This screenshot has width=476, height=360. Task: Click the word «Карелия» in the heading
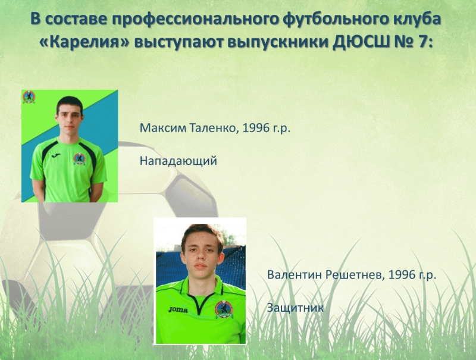click(85, 42)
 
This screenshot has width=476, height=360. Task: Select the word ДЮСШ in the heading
click(360, 42)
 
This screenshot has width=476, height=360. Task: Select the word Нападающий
click(178, 161)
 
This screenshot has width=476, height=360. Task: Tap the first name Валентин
click(295, 275)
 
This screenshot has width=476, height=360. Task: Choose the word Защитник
click(295, 308)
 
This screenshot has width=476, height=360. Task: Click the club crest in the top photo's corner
click(29, 98)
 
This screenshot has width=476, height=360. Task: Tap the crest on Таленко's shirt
click(79, 159)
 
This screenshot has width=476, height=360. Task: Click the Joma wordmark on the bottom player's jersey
click(178, 309)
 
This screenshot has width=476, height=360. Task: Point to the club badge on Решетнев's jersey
click(224, 309)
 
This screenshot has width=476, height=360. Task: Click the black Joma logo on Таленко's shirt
click(56, 156)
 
